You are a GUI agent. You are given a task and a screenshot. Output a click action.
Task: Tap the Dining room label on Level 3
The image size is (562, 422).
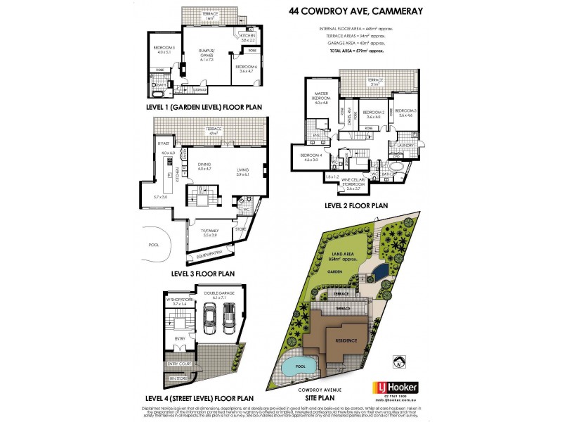click(204, 167)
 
